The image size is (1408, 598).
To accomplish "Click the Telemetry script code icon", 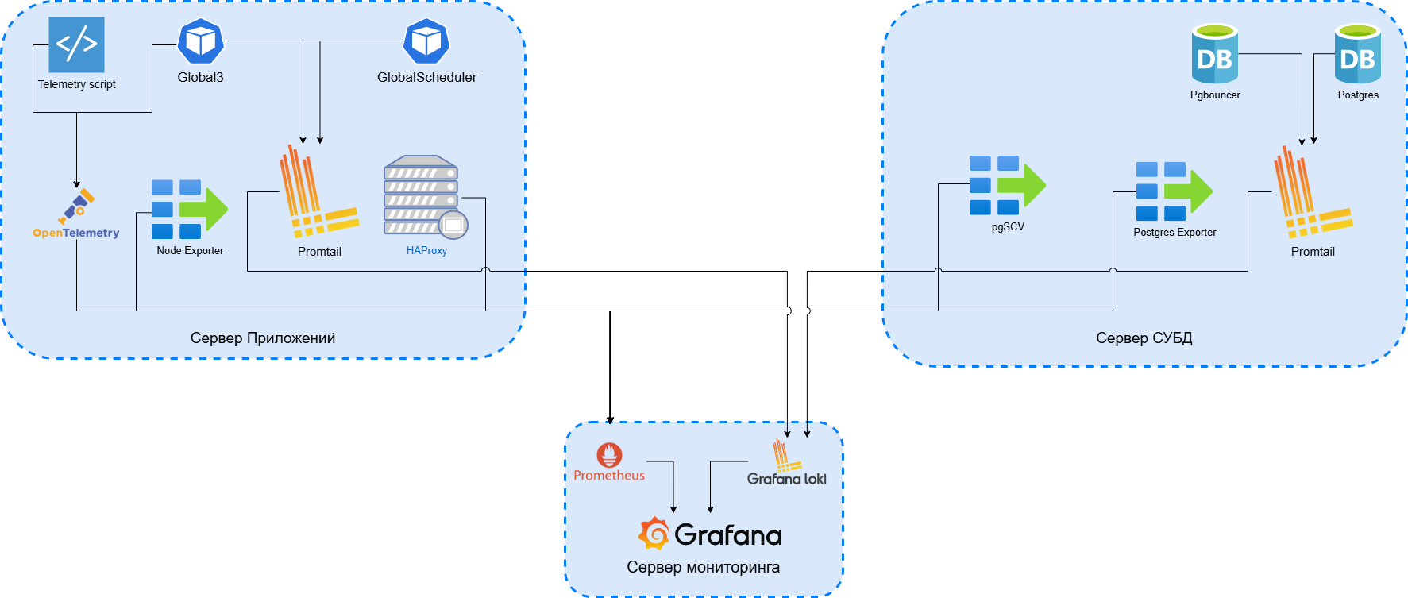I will coord(76,44).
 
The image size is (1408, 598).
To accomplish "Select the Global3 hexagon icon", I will coord(200,41).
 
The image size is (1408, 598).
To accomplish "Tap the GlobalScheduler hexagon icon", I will coord(426,41).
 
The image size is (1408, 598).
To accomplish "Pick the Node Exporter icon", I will coord(190,209).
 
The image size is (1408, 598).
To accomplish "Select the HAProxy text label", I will coord(426,251).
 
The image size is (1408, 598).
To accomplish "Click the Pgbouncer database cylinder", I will coord(1214,54).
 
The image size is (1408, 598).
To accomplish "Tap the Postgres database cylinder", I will coord(1357,54).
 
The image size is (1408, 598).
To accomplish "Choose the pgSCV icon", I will coord(1007,185).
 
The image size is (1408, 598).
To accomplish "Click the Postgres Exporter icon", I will coord(1174,191).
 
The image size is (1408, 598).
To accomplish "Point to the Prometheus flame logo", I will coord(609,455).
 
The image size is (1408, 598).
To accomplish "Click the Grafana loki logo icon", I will coord(785,456).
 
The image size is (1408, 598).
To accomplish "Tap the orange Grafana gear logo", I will coord(654,534).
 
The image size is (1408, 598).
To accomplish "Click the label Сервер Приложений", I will coord(263,338).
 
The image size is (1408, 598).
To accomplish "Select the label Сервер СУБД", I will coord(1144,338).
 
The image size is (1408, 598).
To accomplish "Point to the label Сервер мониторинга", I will coord(703,567).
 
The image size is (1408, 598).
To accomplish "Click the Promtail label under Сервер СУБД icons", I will coord(1313,252).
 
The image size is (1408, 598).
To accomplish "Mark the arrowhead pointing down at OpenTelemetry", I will coord(77,184).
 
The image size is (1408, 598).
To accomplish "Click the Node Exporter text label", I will coord(190,251).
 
